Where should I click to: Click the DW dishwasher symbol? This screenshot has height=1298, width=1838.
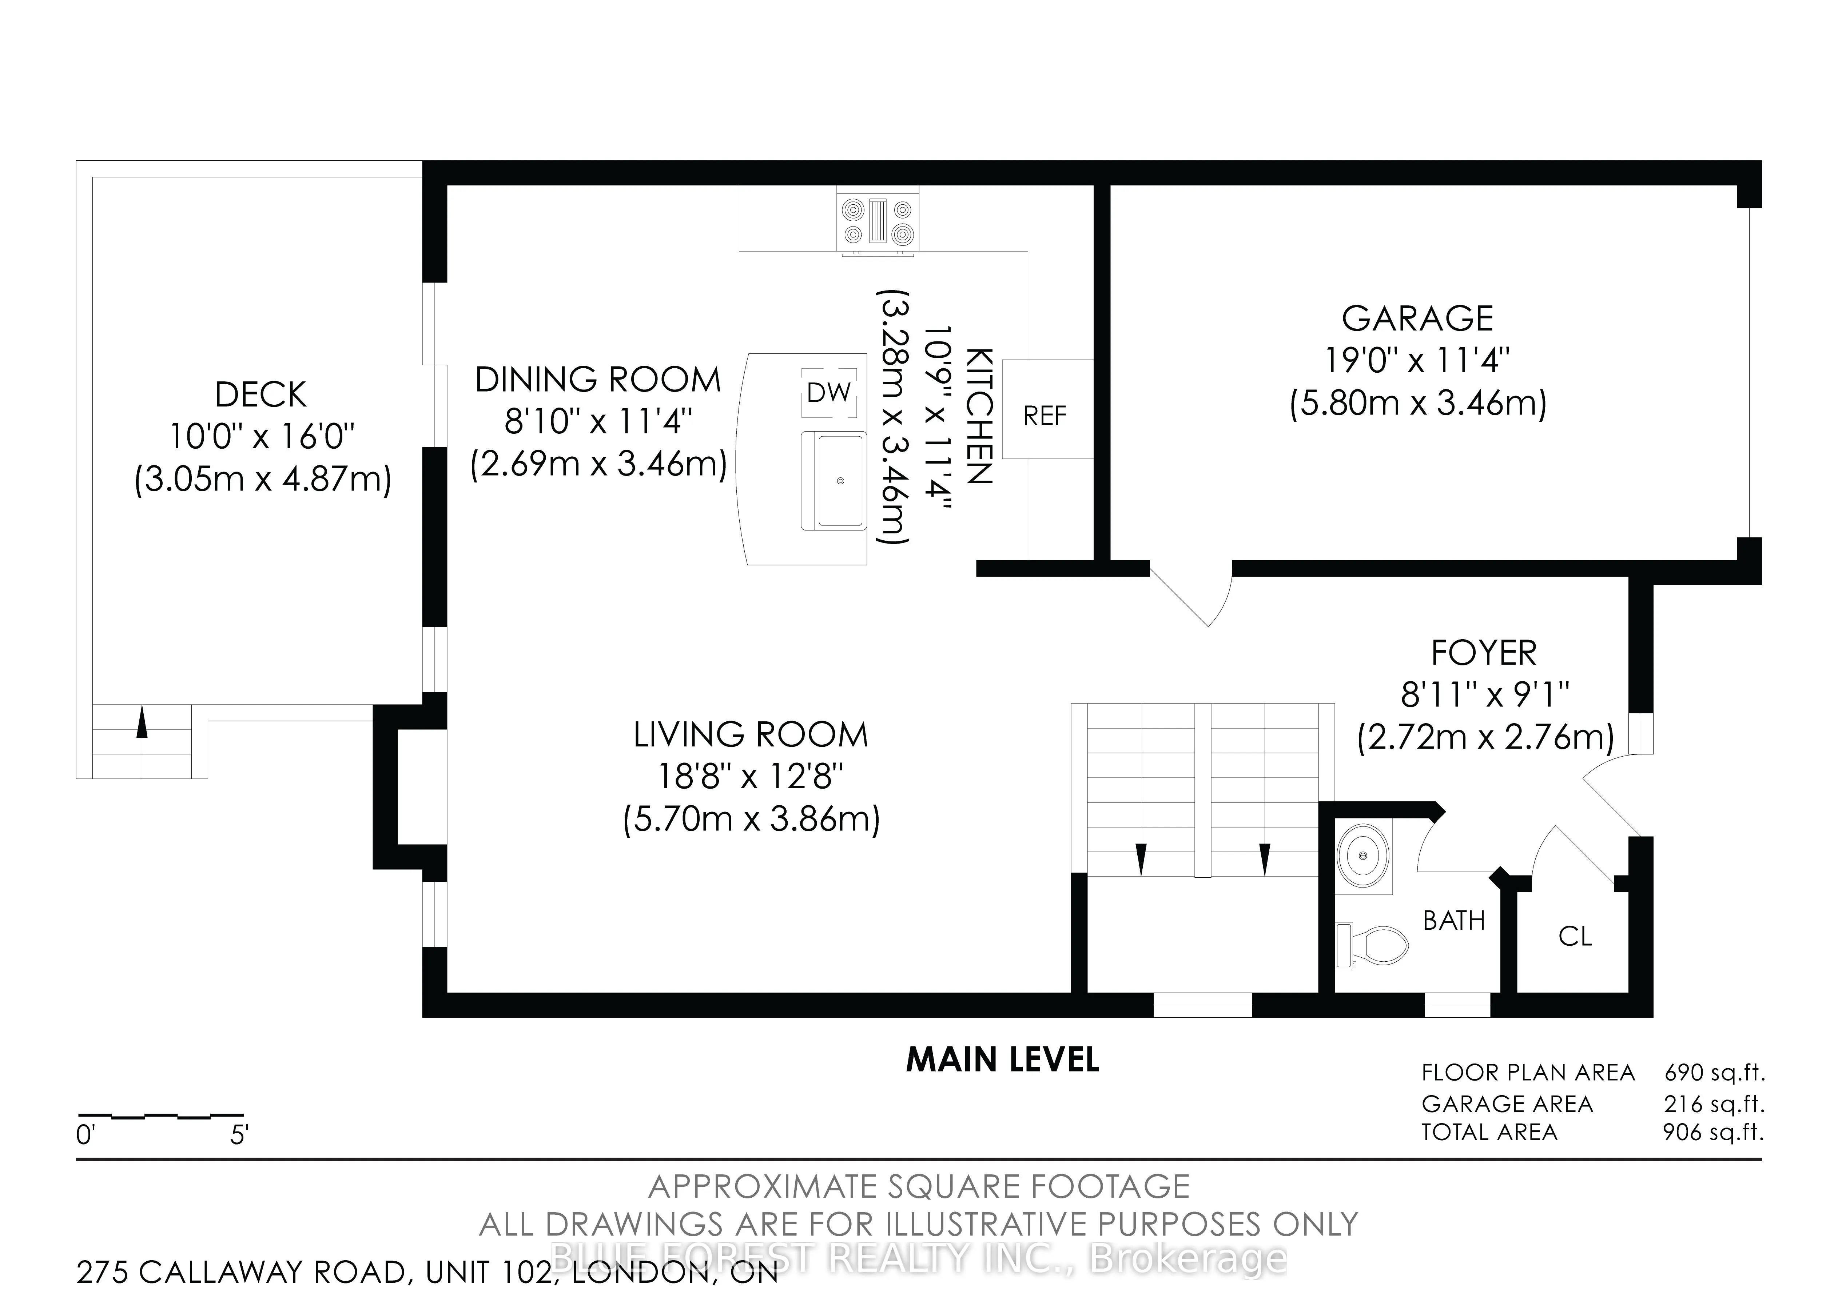click(830, 392)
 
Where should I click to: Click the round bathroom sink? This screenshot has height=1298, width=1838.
click(1364, 856)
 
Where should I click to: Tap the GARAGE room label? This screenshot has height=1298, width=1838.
click(1418, 319)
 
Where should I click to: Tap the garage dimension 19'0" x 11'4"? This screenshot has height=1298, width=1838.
click(1418, 361)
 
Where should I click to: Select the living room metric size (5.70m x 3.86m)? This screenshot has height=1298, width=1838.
click(752, 820)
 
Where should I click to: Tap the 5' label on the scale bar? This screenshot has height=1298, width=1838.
click(239, 1135)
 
